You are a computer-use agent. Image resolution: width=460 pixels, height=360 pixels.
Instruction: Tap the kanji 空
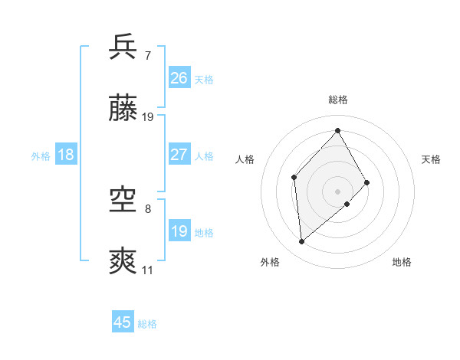click(123, 200)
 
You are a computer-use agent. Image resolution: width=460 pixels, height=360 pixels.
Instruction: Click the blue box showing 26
click(179, 77)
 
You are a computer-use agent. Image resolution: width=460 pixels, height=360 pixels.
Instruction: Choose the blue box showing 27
click(179, 154)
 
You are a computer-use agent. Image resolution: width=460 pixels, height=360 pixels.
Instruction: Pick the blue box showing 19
click(179, 231)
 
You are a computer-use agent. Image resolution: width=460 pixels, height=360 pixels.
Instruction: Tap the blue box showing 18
click(66, 155)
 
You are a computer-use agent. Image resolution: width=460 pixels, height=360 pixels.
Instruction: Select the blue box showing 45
click(123, 322)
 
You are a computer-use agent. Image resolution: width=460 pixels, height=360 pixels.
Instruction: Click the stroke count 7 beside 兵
click(147, 55)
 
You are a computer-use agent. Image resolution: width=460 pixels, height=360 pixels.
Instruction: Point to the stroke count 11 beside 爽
click(147, 270)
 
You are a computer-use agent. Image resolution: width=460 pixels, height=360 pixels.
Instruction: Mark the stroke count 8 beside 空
click(147, 208)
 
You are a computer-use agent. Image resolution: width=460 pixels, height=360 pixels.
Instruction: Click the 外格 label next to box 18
click(41, 156)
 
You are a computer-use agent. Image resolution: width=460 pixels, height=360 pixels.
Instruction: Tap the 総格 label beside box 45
click(147, 324)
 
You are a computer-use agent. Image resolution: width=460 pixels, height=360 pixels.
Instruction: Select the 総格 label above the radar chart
click(337, 100)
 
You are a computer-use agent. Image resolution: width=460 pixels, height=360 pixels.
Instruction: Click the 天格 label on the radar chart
click(431, 159)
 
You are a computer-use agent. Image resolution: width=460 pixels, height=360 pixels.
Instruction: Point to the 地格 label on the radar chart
click(402, 262)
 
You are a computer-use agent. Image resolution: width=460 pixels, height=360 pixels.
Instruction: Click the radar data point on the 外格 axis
click(302, 242)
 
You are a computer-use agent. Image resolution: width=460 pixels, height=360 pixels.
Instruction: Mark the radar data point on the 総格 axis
click(337, 130)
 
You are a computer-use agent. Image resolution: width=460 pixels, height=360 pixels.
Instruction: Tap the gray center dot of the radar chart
click(337, 190)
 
